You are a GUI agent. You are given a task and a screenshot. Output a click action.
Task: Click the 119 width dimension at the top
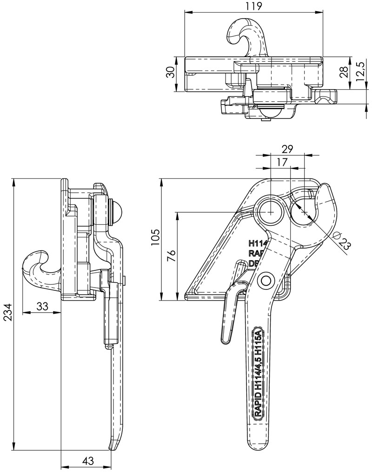coord(254,7)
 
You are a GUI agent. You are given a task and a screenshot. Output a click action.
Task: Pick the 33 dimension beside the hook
coord(42,306)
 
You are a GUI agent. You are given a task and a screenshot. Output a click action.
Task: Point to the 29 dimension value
coord(287,149)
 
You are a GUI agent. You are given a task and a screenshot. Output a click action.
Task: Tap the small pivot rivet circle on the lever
coord(266,280)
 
